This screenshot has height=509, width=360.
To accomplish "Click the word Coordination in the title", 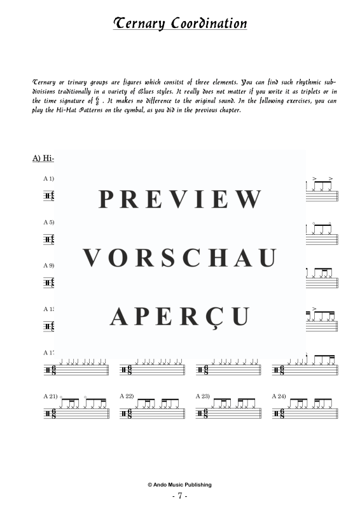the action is tap(209, 24).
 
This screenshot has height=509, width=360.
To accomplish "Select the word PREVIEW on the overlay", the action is tap(180, 199).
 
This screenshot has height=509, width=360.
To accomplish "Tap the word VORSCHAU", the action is tap(180, 258).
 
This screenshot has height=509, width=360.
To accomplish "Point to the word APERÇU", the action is tap(180, 316).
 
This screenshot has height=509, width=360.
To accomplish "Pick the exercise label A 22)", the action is tap(127, 396).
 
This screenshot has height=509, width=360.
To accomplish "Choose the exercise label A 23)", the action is tap(203, 396).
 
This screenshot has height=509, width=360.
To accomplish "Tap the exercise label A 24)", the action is tap(279, 396).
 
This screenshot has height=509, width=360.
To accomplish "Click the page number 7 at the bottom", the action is tap(180, 496).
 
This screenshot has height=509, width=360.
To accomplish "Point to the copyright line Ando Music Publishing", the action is tap(180, 485).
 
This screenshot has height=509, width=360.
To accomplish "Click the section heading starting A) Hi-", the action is tap(43, 158).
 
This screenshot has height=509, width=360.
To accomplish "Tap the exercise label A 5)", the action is tap(49, 223).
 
